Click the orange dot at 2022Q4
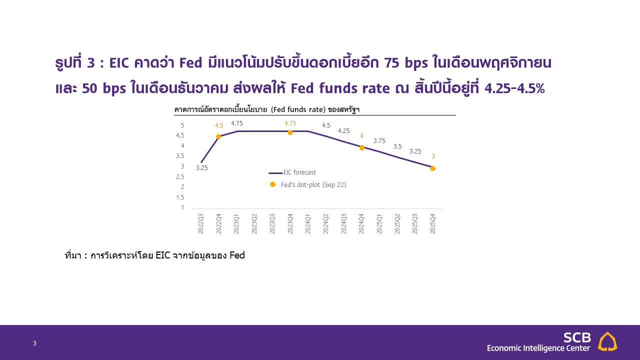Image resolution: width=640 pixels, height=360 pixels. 218,136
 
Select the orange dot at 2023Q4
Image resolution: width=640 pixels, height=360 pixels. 290,132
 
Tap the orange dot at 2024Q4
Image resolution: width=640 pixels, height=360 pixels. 361,147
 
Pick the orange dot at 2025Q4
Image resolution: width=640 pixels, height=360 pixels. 432,168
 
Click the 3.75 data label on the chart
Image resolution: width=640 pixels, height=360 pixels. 379,141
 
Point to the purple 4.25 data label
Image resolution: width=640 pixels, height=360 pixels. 343,131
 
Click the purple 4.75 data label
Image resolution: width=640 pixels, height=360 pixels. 237,123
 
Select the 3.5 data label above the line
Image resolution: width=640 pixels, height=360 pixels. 397,146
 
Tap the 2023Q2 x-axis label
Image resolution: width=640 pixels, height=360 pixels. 254,223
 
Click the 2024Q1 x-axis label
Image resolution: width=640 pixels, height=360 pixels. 307,223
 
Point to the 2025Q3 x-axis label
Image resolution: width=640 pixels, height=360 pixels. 415,223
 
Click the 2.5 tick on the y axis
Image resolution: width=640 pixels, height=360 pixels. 180,177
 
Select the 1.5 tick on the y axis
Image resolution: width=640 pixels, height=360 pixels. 180,197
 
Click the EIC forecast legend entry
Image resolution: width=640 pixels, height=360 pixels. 292,172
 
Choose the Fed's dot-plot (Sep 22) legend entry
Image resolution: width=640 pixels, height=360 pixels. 308,185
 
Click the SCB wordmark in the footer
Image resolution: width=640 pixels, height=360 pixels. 577,337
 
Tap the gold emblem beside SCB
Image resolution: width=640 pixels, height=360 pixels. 607,341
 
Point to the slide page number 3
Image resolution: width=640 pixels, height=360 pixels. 34,343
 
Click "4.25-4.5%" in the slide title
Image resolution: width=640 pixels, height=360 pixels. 514,88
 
